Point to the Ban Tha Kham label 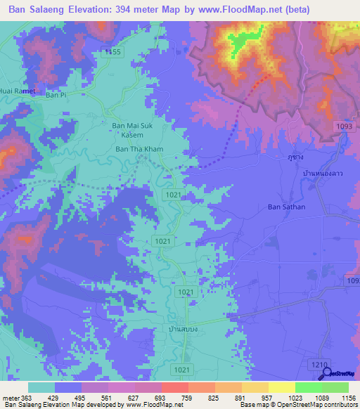[139, 150]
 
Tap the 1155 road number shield [112, 53]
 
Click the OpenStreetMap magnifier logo [326, 373]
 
